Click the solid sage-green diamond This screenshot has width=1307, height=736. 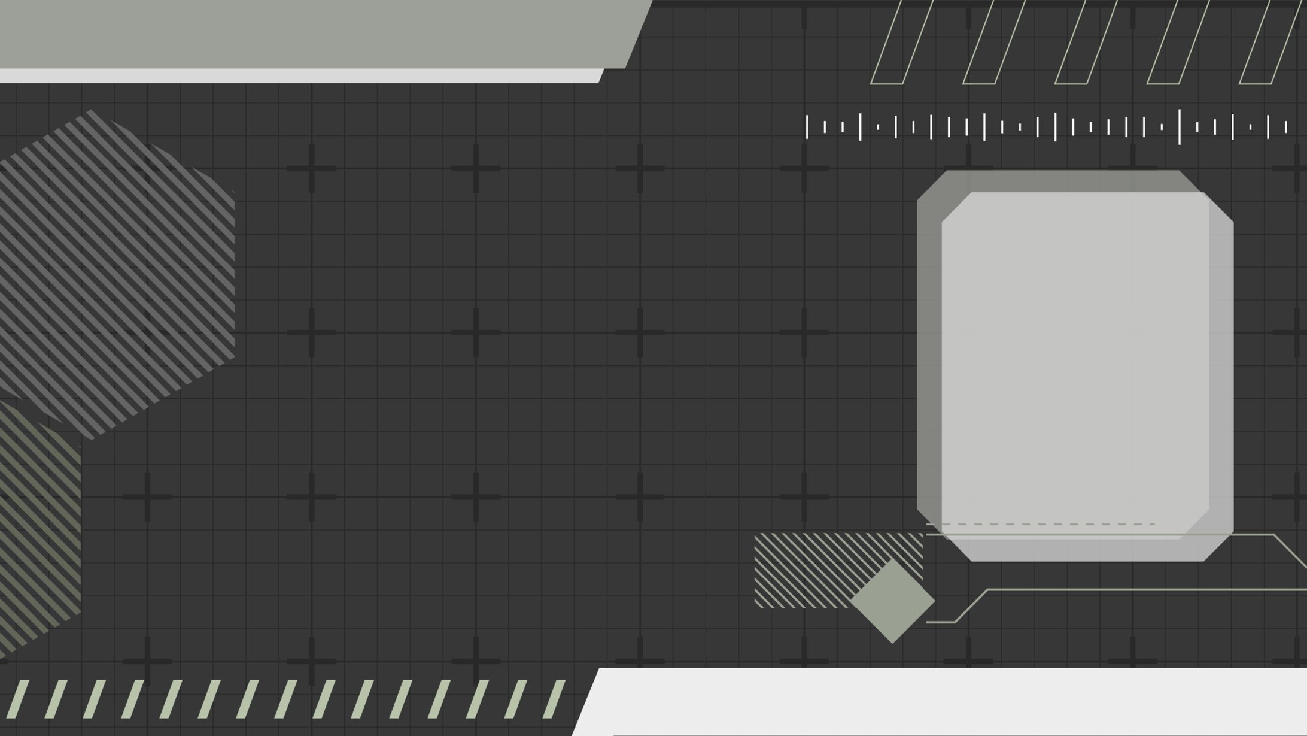(892, 601)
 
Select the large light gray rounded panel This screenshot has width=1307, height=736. (1075, 365)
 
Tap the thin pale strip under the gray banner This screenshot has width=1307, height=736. (299, 76)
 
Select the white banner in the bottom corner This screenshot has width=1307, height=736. (946, 701)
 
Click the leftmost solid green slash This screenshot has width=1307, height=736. (17, 699)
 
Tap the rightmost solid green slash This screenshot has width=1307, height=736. (554, 699)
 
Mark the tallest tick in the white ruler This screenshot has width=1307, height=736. (1180, 127)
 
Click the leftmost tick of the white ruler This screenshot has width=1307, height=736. (807, 127)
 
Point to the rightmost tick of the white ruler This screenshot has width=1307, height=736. (1286, 127)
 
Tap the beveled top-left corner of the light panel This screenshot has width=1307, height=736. (956, 207)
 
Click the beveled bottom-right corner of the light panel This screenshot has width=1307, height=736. (1218, 546)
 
